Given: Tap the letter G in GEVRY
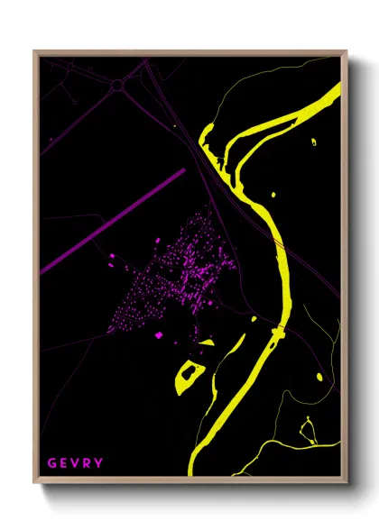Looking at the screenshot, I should [x=51, y=463].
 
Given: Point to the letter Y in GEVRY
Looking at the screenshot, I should [x=98, y=463].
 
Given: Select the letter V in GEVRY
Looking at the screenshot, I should [x=75, y=463].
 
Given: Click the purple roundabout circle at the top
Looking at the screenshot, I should [x=118, y=85].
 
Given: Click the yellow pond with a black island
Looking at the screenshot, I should [x=189, y=373].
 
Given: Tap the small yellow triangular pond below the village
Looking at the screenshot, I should [x=207, y=343].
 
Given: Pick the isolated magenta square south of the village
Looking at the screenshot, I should [x=159, y=335].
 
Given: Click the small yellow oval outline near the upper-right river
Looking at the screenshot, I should [x=314, y=142].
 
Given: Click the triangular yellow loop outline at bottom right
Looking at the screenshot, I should [x=308, y=431].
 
